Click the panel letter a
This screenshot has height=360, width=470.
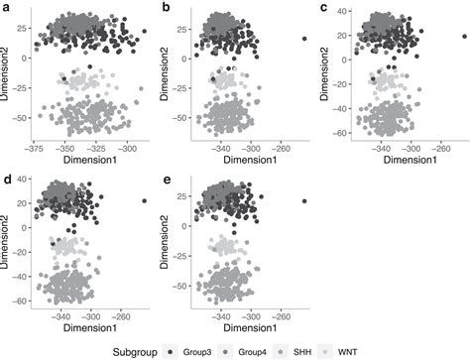[6, 7]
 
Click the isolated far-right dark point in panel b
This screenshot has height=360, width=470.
[303, 39]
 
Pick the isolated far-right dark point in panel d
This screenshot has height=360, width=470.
[144, 201]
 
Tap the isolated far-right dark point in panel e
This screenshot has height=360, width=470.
[303, 201]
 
